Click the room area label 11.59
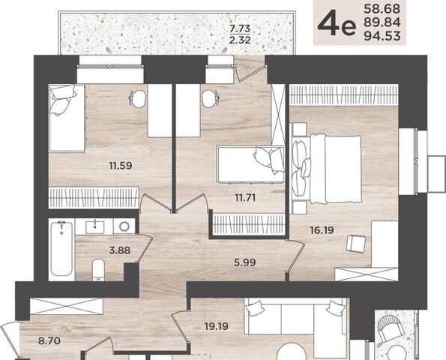coord(121,165)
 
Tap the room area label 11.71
coord(245,197)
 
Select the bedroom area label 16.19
coord(322,230)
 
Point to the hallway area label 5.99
coord(245,262)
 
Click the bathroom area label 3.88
coord(120,250)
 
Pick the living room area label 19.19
coord(217,326)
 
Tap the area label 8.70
coord(49,340)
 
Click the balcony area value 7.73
coord(240,28)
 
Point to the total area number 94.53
coord(382,36)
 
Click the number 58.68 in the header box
coord(382,9)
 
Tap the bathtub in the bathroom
coord(61,249)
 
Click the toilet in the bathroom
coord(99,270)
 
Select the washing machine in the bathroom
coord(124,226)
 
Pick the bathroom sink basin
coord(94,226)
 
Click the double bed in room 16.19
coord(327,169)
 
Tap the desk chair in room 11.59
coord(138,99)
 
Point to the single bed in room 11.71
coord(250,164)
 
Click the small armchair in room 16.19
coord(355,244)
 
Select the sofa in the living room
coord(296,316)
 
